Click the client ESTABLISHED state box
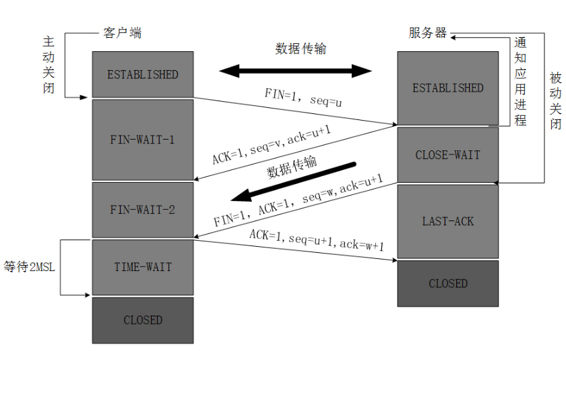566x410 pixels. (x=143, y=74)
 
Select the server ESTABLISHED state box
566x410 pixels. (x=447, y=88)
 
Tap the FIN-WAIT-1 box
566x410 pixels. (x=143, y=140)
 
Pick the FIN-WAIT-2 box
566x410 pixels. (x=143, y=210)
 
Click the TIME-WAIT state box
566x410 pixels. (x=143, y=267)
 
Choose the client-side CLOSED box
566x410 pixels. (x=143, y=320)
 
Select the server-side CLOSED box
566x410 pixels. (x=447, y=283)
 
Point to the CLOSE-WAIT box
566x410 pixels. (x=447, y=155)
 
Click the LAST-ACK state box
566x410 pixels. (x=447, y=221)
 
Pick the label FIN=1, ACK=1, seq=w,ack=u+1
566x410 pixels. (x=298, y=200)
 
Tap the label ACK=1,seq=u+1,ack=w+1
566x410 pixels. (x=317, y=240)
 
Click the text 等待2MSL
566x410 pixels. (x=29, y=267)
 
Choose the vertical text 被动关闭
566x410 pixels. (x=555, y=100)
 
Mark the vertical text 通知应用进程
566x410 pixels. (x=520, y=81)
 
